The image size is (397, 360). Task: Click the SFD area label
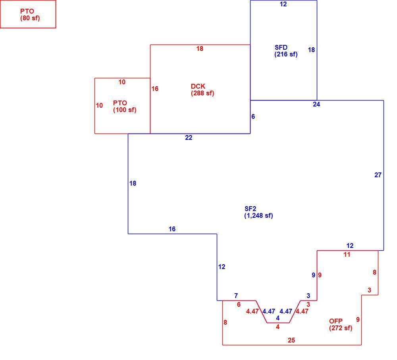281,47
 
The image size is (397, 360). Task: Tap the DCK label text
198,86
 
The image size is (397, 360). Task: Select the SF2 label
251,209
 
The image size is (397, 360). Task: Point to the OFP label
336,321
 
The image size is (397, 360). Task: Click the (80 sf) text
30,18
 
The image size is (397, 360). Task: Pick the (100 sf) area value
125,110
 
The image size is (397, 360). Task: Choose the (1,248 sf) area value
258,216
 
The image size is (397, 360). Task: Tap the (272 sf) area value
341,328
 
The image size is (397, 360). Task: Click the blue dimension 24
316,105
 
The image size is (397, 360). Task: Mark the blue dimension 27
378,175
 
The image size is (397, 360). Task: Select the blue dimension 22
189,137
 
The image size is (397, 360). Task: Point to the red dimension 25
291,340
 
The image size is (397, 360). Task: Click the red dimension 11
347,254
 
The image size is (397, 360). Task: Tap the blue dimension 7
236,296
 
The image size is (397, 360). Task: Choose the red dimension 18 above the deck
200,48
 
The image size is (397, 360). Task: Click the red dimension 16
155,89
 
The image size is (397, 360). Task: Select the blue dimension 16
172,229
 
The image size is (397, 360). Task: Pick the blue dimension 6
253,116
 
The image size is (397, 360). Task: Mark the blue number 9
314,275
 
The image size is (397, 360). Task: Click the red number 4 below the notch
278,327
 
